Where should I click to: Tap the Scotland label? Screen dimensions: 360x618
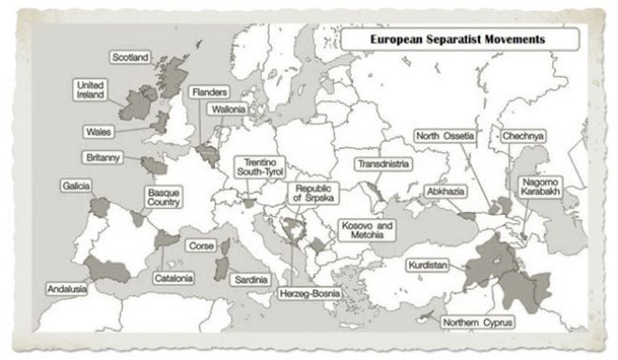point(130,58)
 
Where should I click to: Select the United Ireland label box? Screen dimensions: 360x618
point(90,90)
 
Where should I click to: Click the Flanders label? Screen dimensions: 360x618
point(206,93)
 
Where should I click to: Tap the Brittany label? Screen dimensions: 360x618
point(103,157)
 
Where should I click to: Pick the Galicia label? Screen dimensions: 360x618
point(76,186)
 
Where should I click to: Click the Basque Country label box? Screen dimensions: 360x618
point(163,198)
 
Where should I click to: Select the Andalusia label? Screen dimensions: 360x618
point(67,289)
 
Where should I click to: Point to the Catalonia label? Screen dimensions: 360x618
point(174,278)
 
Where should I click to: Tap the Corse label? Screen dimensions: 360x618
point(202,246)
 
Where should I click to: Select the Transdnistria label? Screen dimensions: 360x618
point(382,164)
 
